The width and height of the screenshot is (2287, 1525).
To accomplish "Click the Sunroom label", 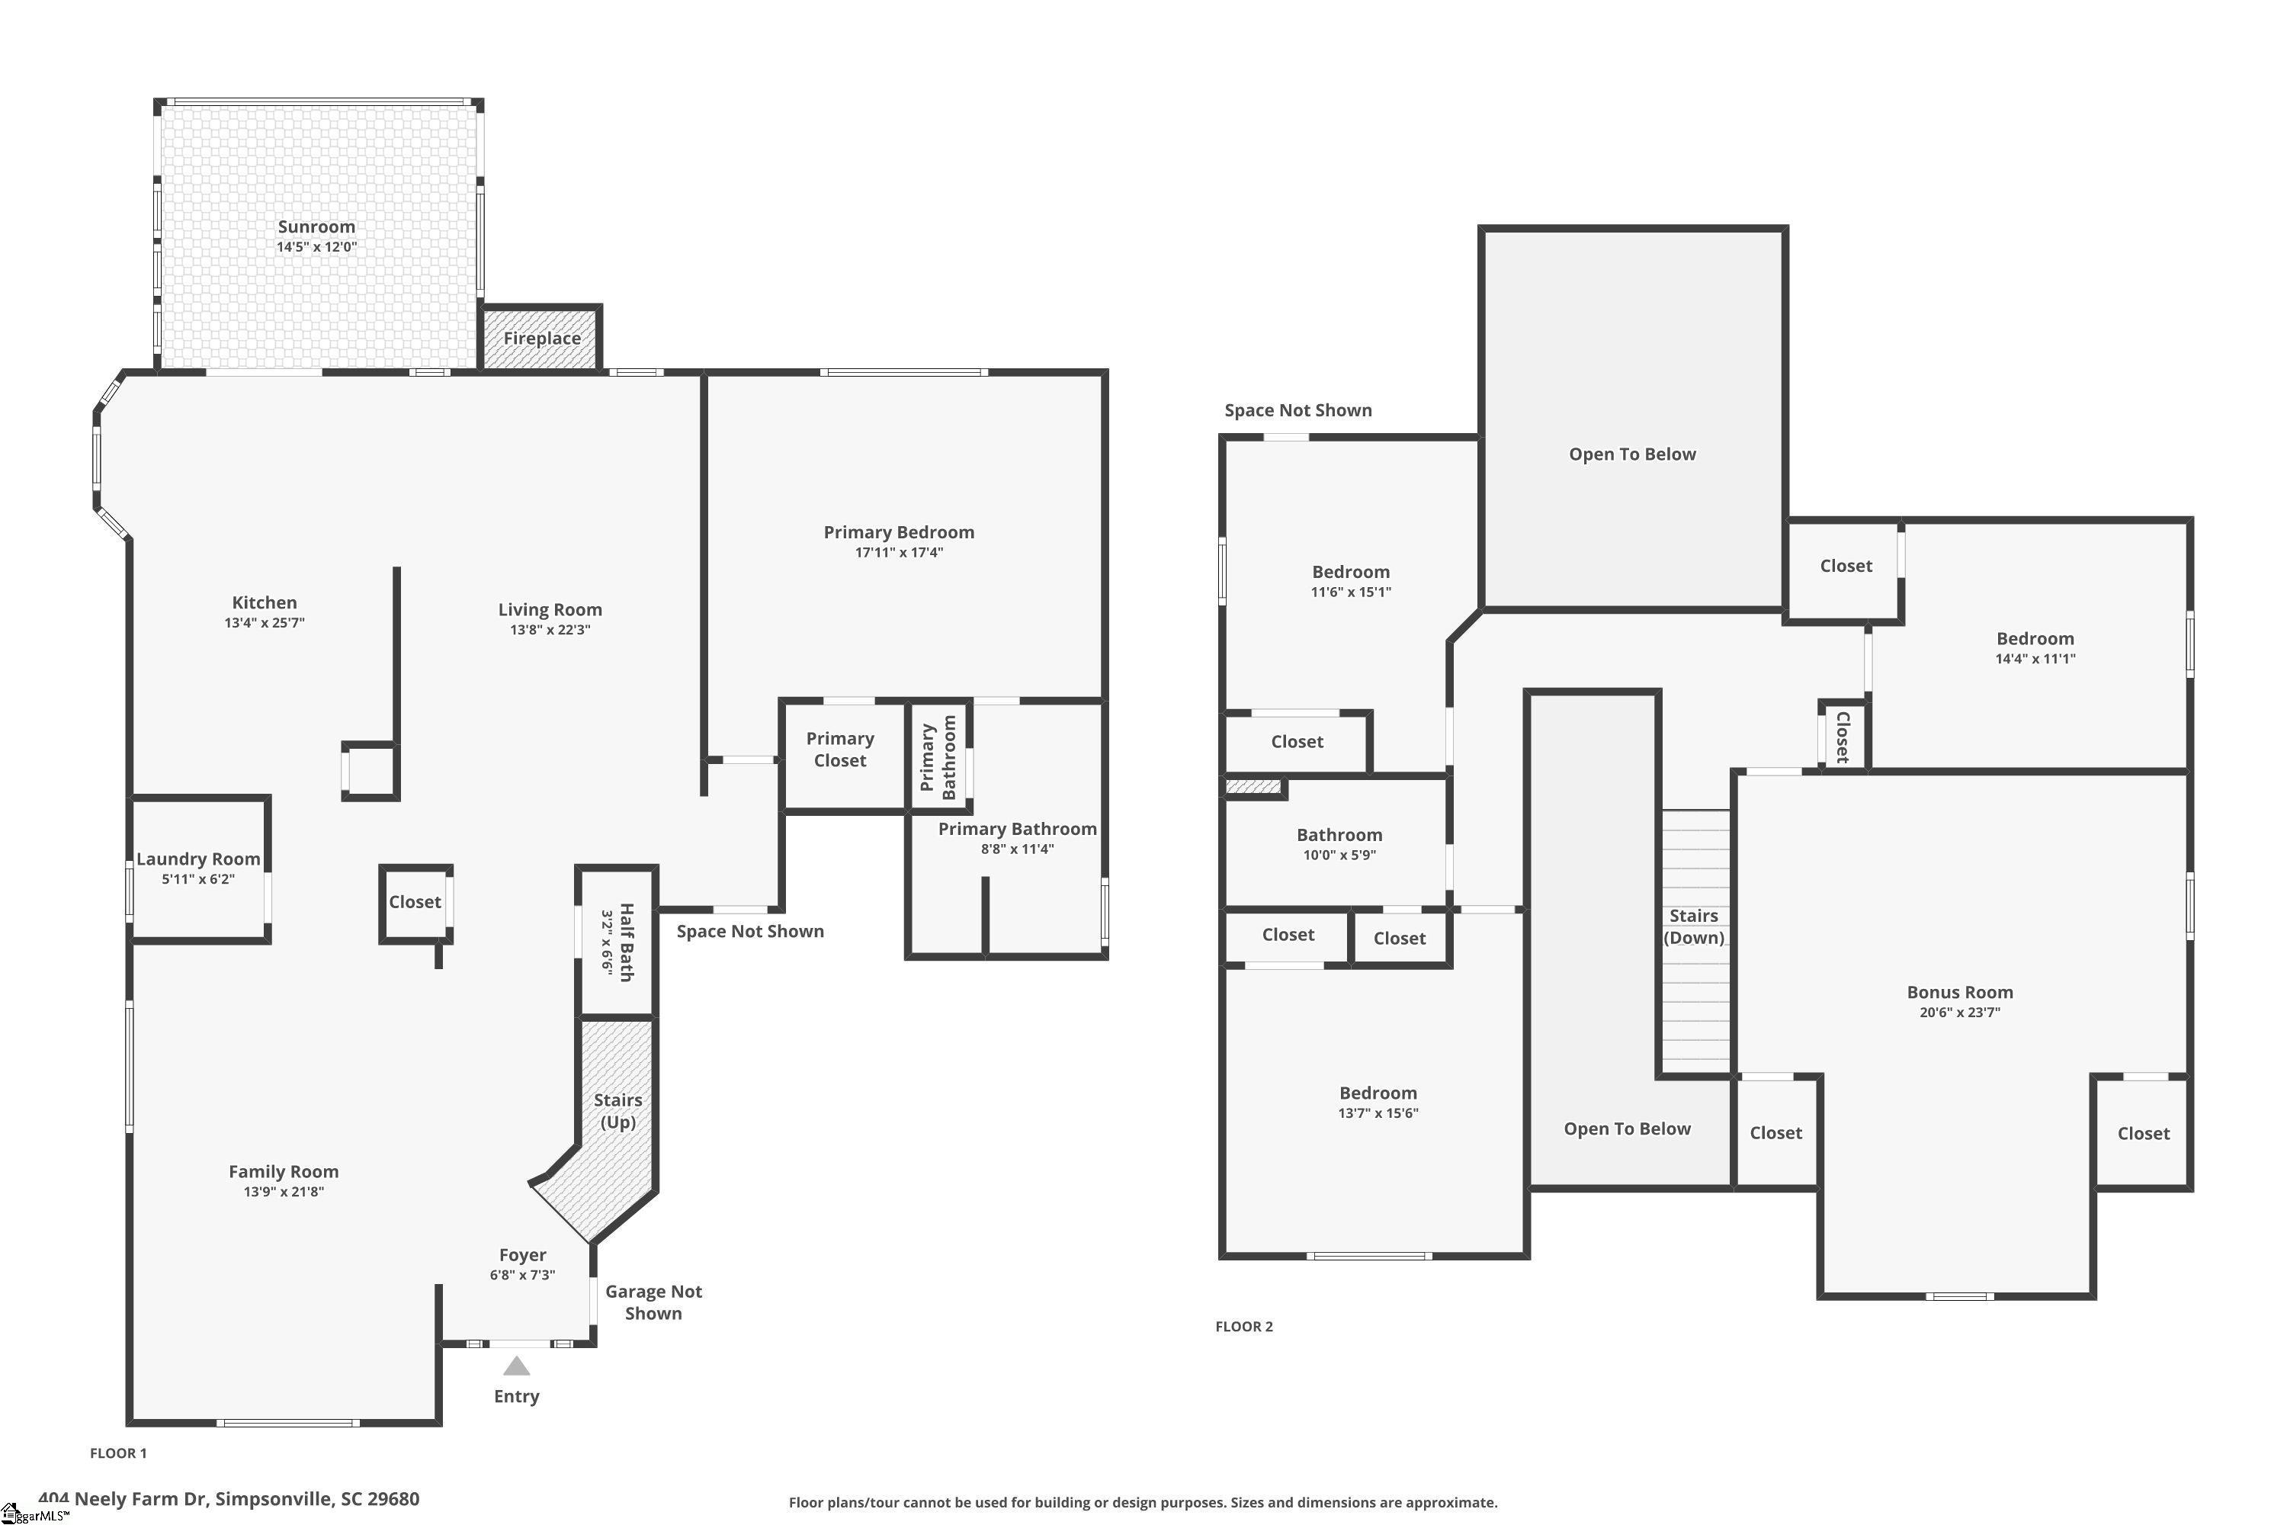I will tap(316, 226).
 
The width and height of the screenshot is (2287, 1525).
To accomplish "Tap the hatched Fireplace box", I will tap(541, 339).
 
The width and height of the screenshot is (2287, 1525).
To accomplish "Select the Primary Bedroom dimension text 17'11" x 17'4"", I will tap(899, 552).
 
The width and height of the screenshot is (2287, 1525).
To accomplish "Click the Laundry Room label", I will tap(198, 859).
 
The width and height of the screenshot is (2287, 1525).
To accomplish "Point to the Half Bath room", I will tap(617, 942).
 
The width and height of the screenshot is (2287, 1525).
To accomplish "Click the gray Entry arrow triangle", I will tap(516, 1366).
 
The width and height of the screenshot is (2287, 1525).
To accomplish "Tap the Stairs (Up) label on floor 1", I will tap(617, 1111).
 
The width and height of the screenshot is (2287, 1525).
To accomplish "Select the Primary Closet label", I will tap(840, 750).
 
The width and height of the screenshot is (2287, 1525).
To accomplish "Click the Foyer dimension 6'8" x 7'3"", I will tap(522, 1275).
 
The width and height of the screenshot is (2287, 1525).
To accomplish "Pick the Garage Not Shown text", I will tap(653, 1302).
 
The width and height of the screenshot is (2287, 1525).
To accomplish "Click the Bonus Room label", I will tap(1959, 992).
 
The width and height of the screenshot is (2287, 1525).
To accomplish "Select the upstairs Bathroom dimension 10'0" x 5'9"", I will tap(1339, 855).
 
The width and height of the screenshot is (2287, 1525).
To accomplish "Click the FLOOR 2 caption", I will tap(1243, 1327).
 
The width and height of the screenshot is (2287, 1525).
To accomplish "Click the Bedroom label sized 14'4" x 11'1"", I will tap(2035, 639).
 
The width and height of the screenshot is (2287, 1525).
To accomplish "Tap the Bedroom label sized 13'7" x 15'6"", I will tap(1378, 1093).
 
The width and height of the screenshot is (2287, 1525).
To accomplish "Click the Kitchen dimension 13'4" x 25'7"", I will tap(265, 622).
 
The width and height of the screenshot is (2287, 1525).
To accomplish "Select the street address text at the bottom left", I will tap(229, 1499).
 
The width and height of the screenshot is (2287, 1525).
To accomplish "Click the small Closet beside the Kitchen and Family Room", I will tap(415, 901).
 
